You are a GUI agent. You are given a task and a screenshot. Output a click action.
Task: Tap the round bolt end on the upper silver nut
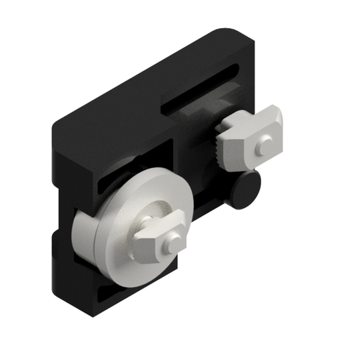click(x=263, y=146)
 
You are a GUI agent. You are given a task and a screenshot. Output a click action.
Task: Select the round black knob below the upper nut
click(x=247, y=189)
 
